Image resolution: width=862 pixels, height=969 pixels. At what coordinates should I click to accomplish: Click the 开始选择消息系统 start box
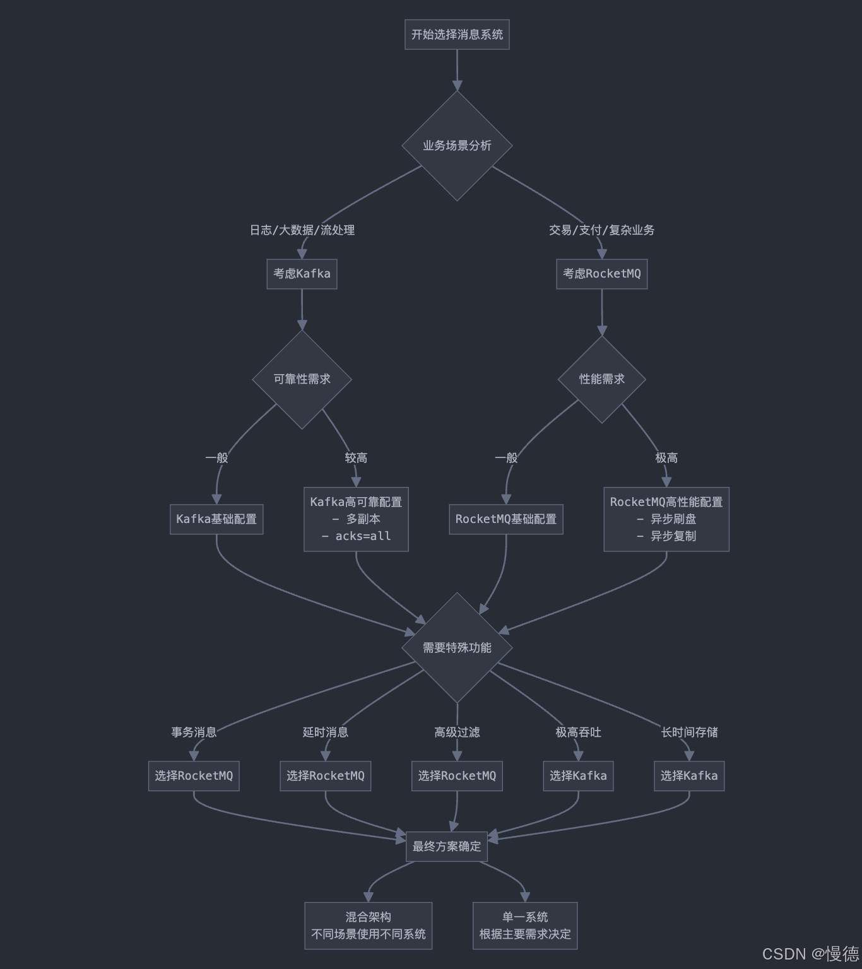(x=457, y=34)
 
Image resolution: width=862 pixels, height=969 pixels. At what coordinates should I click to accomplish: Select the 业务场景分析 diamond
(x=457, y=146)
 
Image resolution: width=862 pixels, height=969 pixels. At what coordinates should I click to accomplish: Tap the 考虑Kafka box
(x=302, y=274)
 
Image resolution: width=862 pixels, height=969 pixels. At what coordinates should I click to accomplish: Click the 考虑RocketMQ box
(x=601, y=274)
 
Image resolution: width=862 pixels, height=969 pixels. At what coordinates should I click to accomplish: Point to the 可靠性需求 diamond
(x=302, y=379)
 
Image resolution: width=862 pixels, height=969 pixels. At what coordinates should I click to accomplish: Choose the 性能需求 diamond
(x=601, y=379)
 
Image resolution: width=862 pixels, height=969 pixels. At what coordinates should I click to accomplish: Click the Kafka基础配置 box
(x=216, y=519)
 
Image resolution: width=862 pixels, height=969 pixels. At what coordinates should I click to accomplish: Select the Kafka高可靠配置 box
(x=356, y=519)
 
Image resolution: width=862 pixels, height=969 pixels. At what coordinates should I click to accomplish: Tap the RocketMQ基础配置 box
(x=506, y=519)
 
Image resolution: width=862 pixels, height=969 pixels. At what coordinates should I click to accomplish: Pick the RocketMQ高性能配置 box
(x=666, y=519)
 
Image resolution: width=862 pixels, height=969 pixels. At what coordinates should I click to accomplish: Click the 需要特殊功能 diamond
(x=457, y=647)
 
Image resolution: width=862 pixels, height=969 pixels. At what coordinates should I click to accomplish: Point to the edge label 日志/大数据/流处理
(x=302, y=230)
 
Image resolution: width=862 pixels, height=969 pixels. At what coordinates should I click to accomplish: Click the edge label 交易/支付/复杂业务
(x=601, y=230)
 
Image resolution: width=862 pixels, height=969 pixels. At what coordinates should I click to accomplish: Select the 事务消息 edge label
(x=194, y=732)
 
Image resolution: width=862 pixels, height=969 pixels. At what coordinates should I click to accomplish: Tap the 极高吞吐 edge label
(x=578, y=732)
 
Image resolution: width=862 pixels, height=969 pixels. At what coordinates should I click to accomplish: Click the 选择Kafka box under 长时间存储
(x=689, y=776)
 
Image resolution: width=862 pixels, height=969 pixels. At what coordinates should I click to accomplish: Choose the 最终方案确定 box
(x=447, y=847)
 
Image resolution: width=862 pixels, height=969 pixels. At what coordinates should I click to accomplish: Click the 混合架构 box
(x=369, y=925)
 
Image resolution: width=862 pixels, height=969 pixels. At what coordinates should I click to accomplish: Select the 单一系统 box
(x=525, y=925)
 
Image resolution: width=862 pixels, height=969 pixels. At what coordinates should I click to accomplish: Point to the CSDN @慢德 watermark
(x=810, y=953)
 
